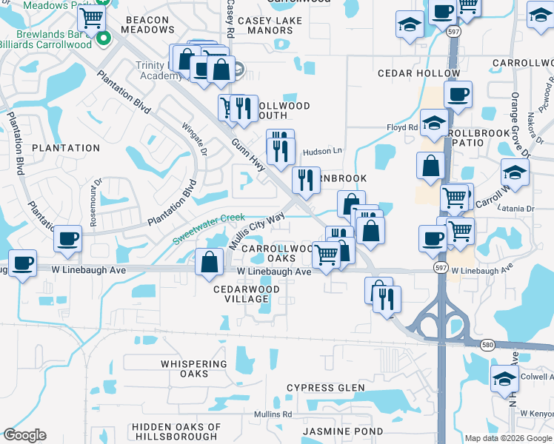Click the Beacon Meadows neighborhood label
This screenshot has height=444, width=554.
150,24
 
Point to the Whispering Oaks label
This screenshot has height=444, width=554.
194,369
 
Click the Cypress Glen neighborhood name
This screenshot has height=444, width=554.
326,388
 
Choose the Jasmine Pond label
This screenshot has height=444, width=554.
343,431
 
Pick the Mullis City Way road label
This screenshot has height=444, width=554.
256,231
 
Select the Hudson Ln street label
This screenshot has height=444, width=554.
323,151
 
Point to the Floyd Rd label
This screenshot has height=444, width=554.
402,127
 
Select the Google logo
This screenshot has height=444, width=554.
25,435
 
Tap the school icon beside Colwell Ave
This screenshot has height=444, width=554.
504,378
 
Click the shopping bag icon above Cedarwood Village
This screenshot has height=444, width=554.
210,261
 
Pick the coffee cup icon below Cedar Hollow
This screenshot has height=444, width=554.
457,94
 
